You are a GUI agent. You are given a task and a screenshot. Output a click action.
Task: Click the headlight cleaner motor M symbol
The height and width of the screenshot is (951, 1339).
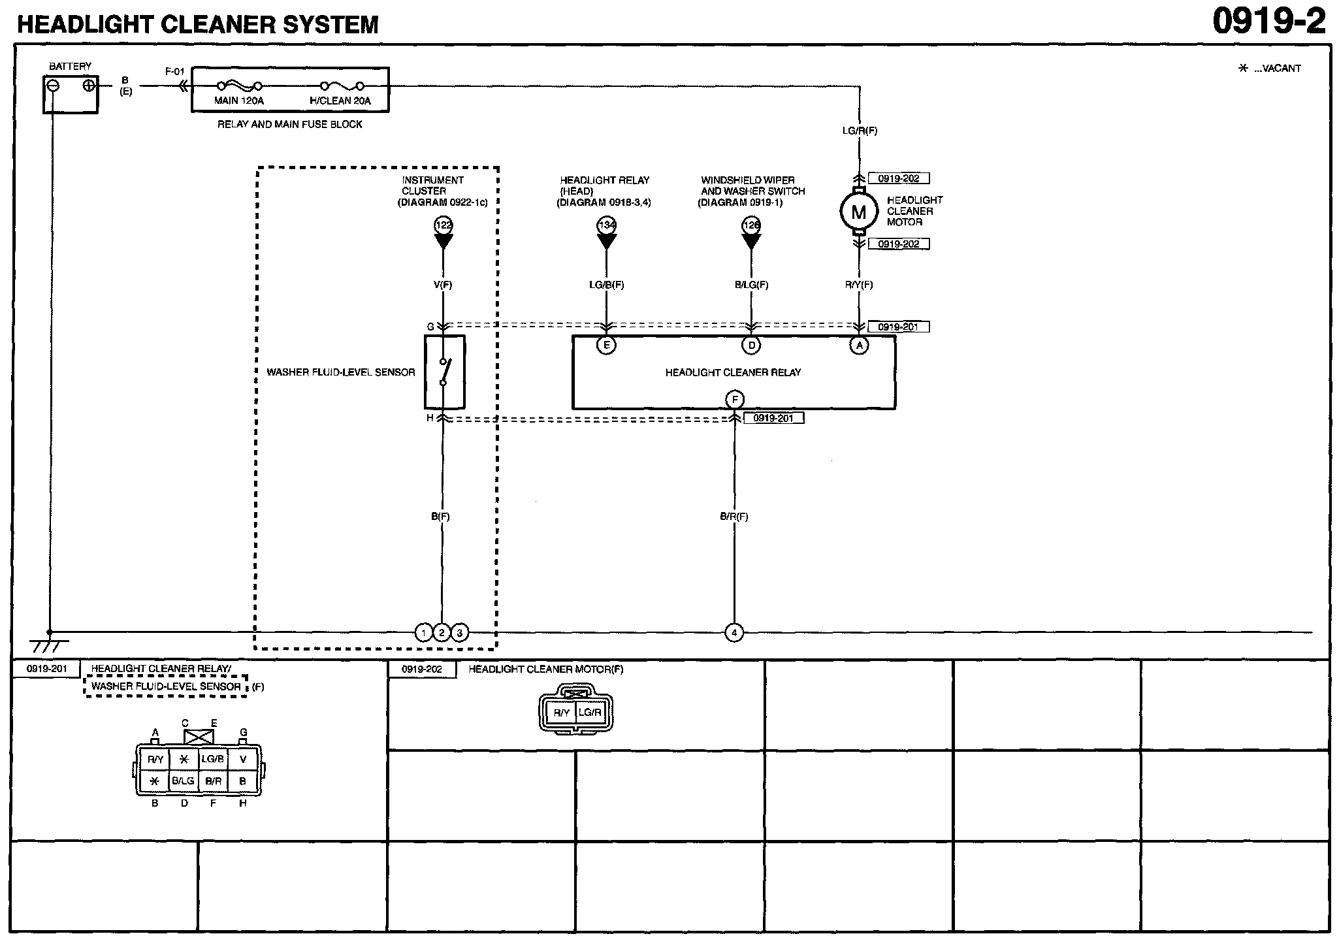(858, 212)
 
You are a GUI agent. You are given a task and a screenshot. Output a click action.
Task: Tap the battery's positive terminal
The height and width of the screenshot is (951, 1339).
(89, 86)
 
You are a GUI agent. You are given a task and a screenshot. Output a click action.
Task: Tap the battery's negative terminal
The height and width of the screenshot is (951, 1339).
(54, 86)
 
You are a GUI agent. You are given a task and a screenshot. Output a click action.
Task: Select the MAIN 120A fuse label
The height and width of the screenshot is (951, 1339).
(239, 101)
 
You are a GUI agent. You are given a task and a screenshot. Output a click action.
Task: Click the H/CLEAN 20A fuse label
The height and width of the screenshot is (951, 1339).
(340, 101)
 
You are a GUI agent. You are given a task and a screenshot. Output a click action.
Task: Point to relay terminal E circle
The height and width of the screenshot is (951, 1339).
(606, 345)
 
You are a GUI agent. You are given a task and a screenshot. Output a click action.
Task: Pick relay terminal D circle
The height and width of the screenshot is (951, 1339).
(751, 345)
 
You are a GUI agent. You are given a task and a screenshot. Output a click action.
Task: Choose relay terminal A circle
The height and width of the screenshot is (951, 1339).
(859, 345)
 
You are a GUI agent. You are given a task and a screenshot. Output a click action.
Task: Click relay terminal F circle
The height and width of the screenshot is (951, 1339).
(735, 399)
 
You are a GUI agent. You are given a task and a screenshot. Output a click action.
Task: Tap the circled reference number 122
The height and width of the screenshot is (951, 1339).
(444, 225)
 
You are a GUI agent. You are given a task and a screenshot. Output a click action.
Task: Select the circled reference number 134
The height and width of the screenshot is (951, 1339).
(607, 225)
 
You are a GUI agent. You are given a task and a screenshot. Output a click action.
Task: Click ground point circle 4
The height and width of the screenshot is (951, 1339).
(734, 632)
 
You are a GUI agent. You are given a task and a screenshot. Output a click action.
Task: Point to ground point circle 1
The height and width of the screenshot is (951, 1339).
(424, 632)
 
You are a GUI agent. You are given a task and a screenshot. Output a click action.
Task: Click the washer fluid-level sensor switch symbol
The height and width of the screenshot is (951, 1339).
(444, 372)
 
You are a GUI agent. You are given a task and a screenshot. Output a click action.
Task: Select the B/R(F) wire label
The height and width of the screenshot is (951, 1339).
(734, 516)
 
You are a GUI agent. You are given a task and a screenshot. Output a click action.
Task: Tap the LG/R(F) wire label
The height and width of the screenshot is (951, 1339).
(860, 131)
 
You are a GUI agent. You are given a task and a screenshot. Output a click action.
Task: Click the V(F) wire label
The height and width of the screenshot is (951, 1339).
(443, 285)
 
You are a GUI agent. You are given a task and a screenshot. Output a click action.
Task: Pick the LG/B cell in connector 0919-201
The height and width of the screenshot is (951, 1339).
(212, 759)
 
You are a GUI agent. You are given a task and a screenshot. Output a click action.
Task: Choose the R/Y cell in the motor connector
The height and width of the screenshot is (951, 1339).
(561, 713)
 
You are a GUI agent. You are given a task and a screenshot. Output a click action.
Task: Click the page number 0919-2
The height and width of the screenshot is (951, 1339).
(1269, 22)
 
